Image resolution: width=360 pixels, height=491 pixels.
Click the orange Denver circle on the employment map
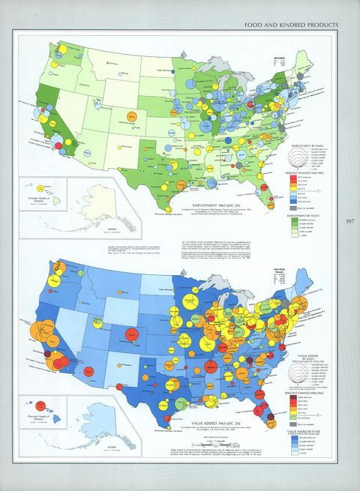[x=131, y=118]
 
